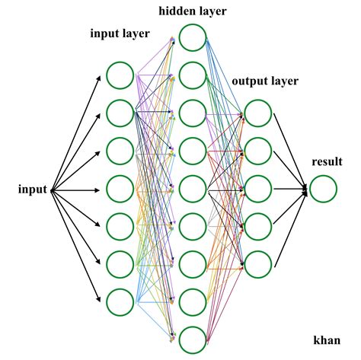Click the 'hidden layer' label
[193, 11]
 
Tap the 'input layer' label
[120, 33]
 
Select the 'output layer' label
[265, 81]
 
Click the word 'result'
[326, 161]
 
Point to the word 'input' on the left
[33, 190]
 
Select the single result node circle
[323, 189]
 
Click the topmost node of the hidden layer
[193, 37]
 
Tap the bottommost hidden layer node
[193, 339]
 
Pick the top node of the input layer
[120, 75]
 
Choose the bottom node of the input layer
[120, 302]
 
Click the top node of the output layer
[258, 113]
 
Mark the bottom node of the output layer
[258, 263]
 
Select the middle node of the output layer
[258, 189]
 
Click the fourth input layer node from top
[120, 189]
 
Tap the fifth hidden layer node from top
[193, 189]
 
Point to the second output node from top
[258, 151]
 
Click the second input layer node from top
[120, 113]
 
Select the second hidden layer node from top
[193, 75]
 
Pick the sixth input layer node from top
[120, 264]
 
